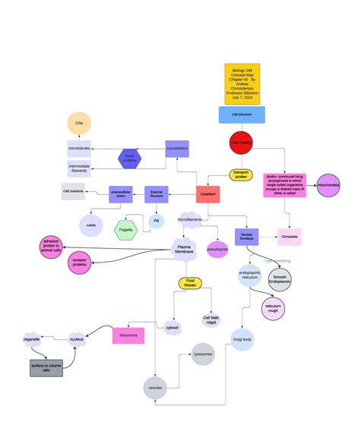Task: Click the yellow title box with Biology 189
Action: [242, 83]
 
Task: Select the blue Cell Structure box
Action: [242, 115]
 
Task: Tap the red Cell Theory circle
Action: [242, 143]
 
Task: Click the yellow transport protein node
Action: [241, 175]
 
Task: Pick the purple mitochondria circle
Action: [329, 185]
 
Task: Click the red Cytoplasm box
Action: [208, 194]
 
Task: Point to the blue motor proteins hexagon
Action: [129, 158]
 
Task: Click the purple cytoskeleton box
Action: [177, 149]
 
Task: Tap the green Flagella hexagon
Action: [125, 229]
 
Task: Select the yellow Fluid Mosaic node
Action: [190, 283]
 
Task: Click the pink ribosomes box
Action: [128, 335]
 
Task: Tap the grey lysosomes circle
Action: [203, 354]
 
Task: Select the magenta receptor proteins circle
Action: [79, 263]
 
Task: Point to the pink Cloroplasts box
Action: [289, 237]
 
